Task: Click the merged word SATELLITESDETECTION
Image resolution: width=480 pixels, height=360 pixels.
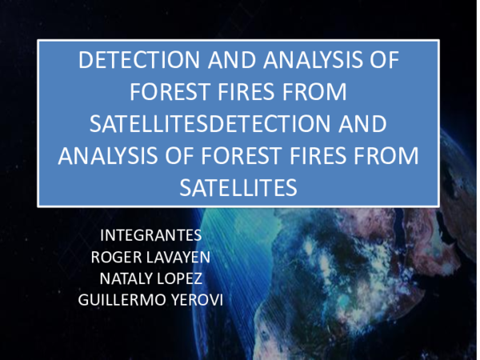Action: click(209, 124)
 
